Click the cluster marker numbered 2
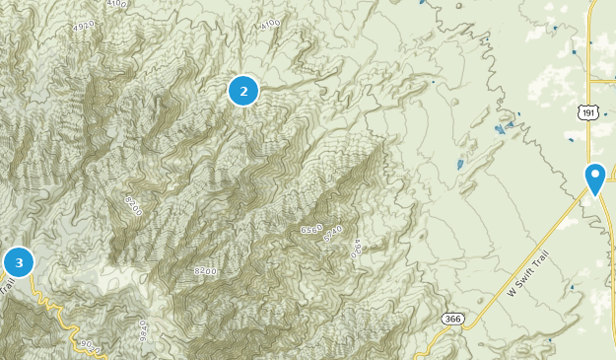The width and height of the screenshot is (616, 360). pyautogui.click(x=243, y=91)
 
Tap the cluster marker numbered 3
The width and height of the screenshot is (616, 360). pyautogui.click(x=19, y=262)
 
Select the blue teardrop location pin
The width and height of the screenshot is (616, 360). pyautogui.click(x=594, y=178)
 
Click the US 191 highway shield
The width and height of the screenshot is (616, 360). pyautogui.click(x=588, y=114)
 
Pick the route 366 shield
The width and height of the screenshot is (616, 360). pyautogui.click(x=452, y=319)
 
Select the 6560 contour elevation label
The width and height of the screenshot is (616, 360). pyautogui.click(x=311, y=229)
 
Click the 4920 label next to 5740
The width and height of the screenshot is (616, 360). pyautogui.click(x=356, y=247)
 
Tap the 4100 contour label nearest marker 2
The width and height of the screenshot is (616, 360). pyautogui.click(x=270, y=24)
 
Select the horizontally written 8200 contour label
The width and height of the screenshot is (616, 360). pyautogui.click(x=205, y=270)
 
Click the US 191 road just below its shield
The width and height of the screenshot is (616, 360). pyautogui.click(x=589, y=138)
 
